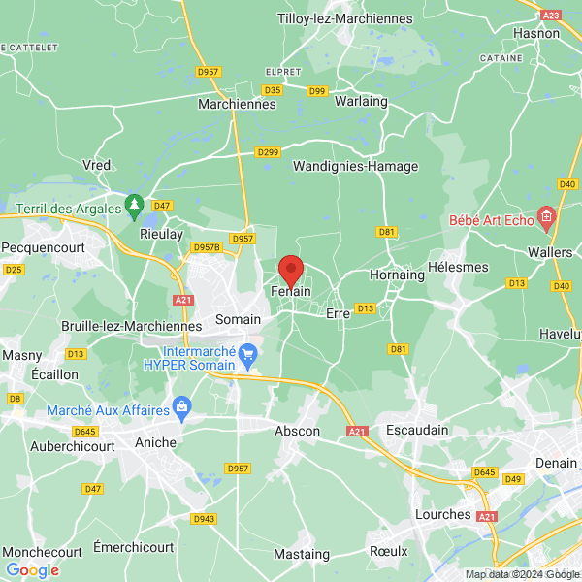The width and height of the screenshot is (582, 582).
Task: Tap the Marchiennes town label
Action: pyautogui.click(x=237, y=103)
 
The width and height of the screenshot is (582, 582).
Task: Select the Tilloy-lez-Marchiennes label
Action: pyautogui.click(x=331, y=19)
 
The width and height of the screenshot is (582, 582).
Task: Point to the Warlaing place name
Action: pyautogui.click(x=361, y=101)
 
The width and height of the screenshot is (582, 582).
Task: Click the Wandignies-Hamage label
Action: pyautogui.click(x=355, y=166)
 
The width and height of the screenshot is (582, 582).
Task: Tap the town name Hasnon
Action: pyautogui.click(x=536, y=33)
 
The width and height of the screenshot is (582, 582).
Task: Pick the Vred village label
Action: pyautogui.click(x=97, y=165)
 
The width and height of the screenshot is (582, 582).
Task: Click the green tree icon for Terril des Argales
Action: pyautogui.click(x=134, y=207)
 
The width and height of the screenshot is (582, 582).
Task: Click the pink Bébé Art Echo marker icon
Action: pyautogui.click(x=547, y=214)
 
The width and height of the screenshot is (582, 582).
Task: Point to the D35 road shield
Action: pyautogui.click(x=272, y=90)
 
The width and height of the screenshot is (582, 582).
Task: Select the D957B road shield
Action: pyautogui.click(x=207, y=247)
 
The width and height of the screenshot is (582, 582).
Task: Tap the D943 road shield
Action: pyautogui.click(x=203, y=518)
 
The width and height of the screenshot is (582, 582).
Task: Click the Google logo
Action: pyautogui.click(x=32, y=570)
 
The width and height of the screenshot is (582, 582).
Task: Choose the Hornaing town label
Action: pyautogui.click(x=397, y=275)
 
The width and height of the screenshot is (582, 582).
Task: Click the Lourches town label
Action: pyautogui.click(x=442, y=514)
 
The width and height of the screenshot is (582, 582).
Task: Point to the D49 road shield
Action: pyautogui.click(x=513, y=479)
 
